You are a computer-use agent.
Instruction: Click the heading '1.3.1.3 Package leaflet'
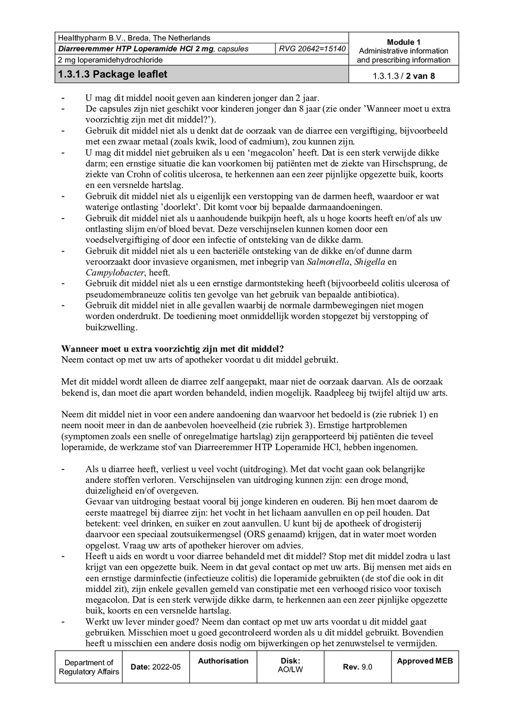point(113,74)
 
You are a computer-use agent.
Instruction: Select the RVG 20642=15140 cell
point(312,49)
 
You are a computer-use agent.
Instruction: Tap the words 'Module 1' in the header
point(404,42)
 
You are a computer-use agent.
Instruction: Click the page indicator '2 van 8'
point(420,76)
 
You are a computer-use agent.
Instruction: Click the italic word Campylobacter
point(115,273)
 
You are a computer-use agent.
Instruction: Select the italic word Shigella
point(370,262)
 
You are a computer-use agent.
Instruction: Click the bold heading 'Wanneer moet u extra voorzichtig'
point(172,349)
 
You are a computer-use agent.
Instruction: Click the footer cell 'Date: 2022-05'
point(156,667)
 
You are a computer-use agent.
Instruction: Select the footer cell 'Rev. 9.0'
point(357,667)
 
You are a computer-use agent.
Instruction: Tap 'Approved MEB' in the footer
point(425,661)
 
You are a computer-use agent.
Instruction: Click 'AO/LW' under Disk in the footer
point(290,670)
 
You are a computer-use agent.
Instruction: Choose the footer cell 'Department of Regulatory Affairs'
point(89,667)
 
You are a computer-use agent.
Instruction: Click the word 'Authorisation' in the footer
point(223,661)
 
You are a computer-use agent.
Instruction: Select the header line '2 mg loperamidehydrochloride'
point(110,60)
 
